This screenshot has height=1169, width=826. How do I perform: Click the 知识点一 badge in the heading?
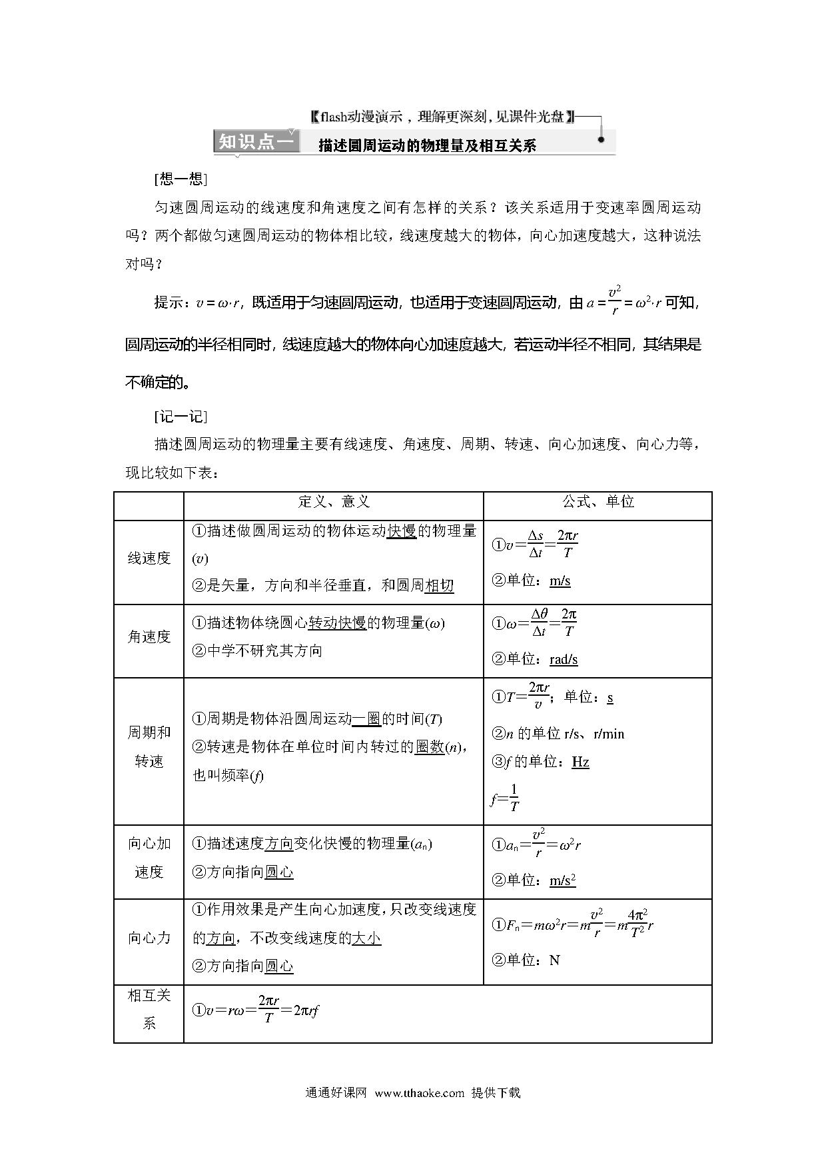pyautogui.click(x=256, y=143)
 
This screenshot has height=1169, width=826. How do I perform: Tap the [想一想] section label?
pyautogui.click(x=180, y=179)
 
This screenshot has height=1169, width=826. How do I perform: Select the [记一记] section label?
pyautogui.click(x=180, y=417)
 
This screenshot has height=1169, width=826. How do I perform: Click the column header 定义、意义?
pyautogui.click(x=334, y=502)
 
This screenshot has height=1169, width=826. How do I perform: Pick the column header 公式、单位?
pyautogui.click(x=598, y=502)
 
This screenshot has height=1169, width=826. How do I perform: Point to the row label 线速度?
pyautogui.click(x=149, y=559)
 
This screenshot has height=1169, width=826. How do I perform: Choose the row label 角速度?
pyautogui.click(x=149, y=637)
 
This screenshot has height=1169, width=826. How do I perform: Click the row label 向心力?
pyautogui.click(x=149, y=938)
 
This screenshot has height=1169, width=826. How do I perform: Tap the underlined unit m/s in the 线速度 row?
pyautogui.click(x=560, y=581)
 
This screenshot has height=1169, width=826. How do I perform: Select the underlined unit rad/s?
pyautogui.click(x=564, y=659)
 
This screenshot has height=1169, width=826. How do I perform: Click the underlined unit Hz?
pyautogui.click(x=580, y=762)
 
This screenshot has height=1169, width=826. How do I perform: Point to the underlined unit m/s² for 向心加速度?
pyautogui.click(x=562, y=880)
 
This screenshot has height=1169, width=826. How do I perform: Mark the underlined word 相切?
pyautogui.click(x=439, y=585)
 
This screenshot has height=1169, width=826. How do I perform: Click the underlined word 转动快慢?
pyautogui.click(x=337, y=623)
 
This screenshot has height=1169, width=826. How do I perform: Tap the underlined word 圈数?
pyautogui.click(x=430, y=747)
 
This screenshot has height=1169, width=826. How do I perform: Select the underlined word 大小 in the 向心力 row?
pyautogui.click(x=366, y=938)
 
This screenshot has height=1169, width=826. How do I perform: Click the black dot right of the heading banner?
pyautogui.click(x=601, y=140)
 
